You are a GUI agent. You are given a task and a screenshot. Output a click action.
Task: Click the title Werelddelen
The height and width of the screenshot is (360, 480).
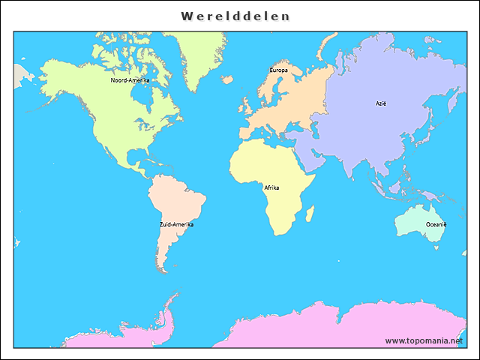click(x=235, y=16)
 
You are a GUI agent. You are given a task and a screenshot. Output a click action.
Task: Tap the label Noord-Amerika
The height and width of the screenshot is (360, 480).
click(x=130, y=80)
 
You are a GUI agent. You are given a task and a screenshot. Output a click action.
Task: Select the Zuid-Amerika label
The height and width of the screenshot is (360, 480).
click(x=176, y=224)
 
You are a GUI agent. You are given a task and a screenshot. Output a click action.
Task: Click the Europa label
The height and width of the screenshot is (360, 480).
click(x=278, y=70)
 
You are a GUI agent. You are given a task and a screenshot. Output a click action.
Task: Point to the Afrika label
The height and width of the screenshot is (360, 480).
click(x=271, y=187)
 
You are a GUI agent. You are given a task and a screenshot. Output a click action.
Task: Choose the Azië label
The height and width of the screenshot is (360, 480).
click(x=381, y=103)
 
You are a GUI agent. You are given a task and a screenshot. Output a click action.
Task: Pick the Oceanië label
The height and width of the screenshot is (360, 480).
click(x=436, y=224)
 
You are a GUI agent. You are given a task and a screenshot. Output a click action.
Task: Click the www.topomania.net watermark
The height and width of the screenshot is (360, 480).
click(x=424, y=340)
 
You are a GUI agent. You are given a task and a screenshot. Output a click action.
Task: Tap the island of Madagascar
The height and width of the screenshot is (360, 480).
click(x=310, y=215)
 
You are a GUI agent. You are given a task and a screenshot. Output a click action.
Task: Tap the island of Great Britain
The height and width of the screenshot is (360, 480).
click(x=245, y=103)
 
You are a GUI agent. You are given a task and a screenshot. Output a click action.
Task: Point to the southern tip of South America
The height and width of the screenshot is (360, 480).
click(x=160, y=270)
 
